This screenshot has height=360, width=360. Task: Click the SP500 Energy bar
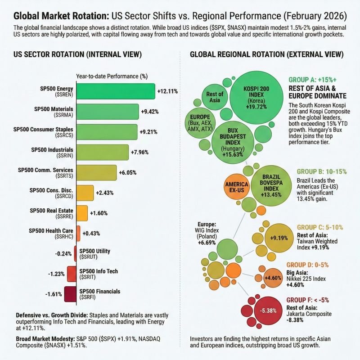pyautogui.click(x=116, y=91)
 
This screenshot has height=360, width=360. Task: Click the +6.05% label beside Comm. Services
pyautogui.click(x=127, y=172)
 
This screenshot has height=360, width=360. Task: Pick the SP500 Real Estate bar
pyautogui.click(x=82, y=213)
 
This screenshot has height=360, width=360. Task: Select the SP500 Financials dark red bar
pyautogui.click(x=70, y=294)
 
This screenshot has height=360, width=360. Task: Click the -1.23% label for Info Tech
pyautogui.click(x=57, y=274)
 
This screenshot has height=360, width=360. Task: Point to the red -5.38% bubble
pyautogui.click(x=262, y=310)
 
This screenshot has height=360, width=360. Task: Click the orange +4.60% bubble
pyautogui.click(x=273, y=278)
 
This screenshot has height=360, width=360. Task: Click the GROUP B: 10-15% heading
pyautogui.click(x=321, y=172)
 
